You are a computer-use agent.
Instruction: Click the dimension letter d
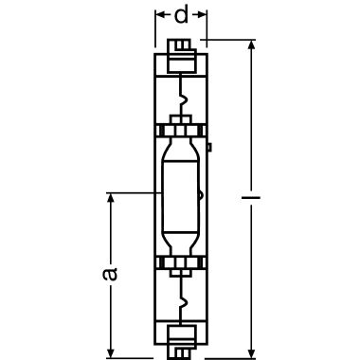[181, 15]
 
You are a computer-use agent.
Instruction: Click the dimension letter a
[110, 274]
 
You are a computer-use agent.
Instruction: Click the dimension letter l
[251, 198]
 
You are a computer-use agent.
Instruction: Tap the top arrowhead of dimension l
[251, 45]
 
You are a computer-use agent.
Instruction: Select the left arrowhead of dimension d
[161, 14]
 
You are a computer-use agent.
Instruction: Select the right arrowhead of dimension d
[202, 14]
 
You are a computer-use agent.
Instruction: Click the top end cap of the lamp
[181, 56]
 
